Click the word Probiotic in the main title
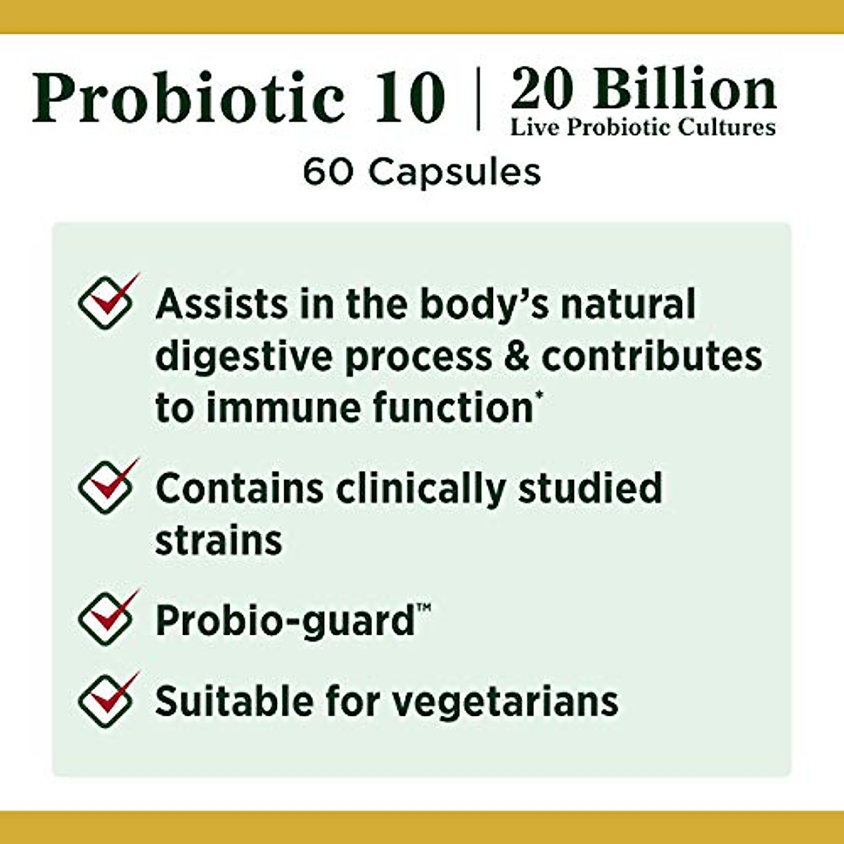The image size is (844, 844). pos(188,97)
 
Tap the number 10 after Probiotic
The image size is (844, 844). pos(410,97)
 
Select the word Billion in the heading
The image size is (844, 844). pos(685,90)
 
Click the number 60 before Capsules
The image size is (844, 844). pos(327,172)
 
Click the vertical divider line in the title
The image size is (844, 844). pos(478,98)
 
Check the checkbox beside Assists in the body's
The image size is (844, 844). pos(105,304)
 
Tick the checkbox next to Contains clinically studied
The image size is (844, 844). pos(105,487)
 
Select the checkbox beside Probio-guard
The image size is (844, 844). pos(105,620)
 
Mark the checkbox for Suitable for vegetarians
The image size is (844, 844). pos(105,701)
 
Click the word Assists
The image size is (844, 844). pos(222,304)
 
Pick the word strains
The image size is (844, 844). pos(218,540)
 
